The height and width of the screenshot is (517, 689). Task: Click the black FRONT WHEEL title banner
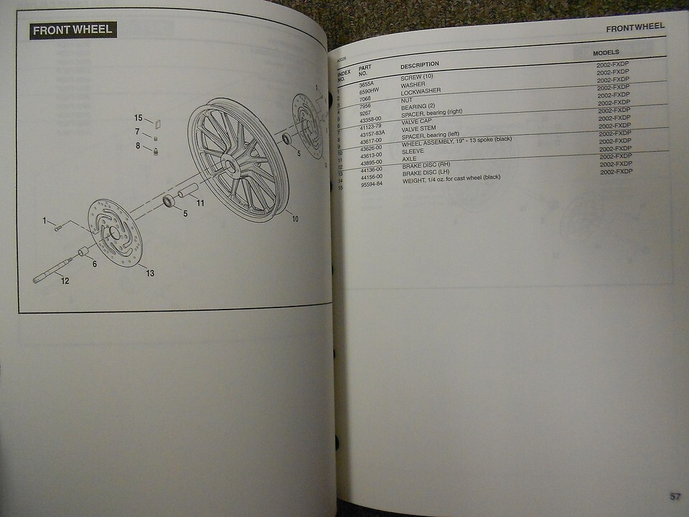(x=73, y=31)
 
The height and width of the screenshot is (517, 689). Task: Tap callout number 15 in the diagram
(x=138, y=118)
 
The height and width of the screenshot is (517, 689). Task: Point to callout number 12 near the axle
(x=65, y=281)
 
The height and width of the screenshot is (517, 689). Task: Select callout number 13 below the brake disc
(x=150, y=273)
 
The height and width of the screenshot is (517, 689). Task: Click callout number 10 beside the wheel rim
(x=294, y=219)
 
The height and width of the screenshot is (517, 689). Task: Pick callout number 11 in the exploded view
(x=200, y=203)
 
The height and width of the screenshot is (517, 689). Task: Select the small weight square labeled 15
(x=159, y=122)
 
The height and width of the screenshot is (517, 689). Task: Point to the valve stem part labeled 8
(x=156, y=149)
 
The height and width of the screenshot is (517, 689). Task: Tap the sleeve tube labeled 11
(x=188, y=191)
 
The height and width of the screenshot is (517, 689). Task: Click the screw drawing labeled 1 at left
(x=58, y=228)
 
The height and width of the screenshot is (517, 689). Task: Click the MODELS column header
(x=606, y=53)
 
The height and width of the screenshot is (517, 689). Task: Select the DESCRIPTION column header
(x=420, y=65)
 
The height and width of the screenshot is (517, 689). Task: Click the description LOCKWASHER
(x=421, y=91)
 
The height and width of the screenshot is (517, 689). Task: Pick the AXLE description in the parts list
(x=409, y=159)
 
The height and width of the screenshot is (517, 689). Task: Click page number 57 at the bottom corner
(x=675, y=495)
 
